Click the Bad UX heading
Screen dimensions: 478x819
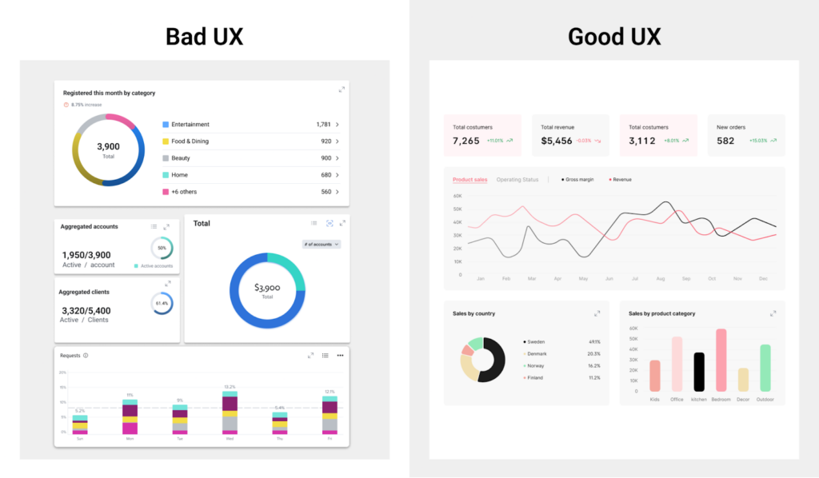[204, 37]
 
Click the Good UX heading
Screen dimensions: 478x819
[614, 37]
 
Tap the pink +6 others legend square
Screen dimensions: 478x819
[166, 192]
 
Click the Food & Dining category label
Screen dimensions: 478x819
[190, 141]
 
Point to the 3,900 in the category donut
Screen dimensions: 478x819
[108, 147]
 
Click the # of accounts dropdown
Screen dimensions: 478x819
[322, 244]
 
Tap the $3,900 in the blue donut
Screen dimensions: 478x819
[267, 288]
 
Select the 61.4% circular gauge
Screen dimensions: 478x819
[162, 304]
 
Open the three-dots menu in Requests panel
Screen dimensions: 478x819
[340, 355]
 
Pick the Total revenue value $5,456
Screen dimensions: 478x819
[557, 141]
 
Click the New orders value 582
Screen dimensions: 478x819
[725, 141]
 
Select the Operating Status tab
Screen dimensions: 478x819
[517, 180]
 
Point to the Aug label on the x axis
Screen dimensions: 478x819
[660, 279]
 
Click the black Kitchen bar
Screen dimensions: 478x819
[699, 372]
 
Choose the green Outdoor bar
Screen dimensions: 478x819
[765, 368]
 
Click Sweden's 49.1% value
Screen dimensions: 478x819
[593, 341]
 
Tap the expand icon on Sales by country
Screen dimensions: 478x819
[597, 313]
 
